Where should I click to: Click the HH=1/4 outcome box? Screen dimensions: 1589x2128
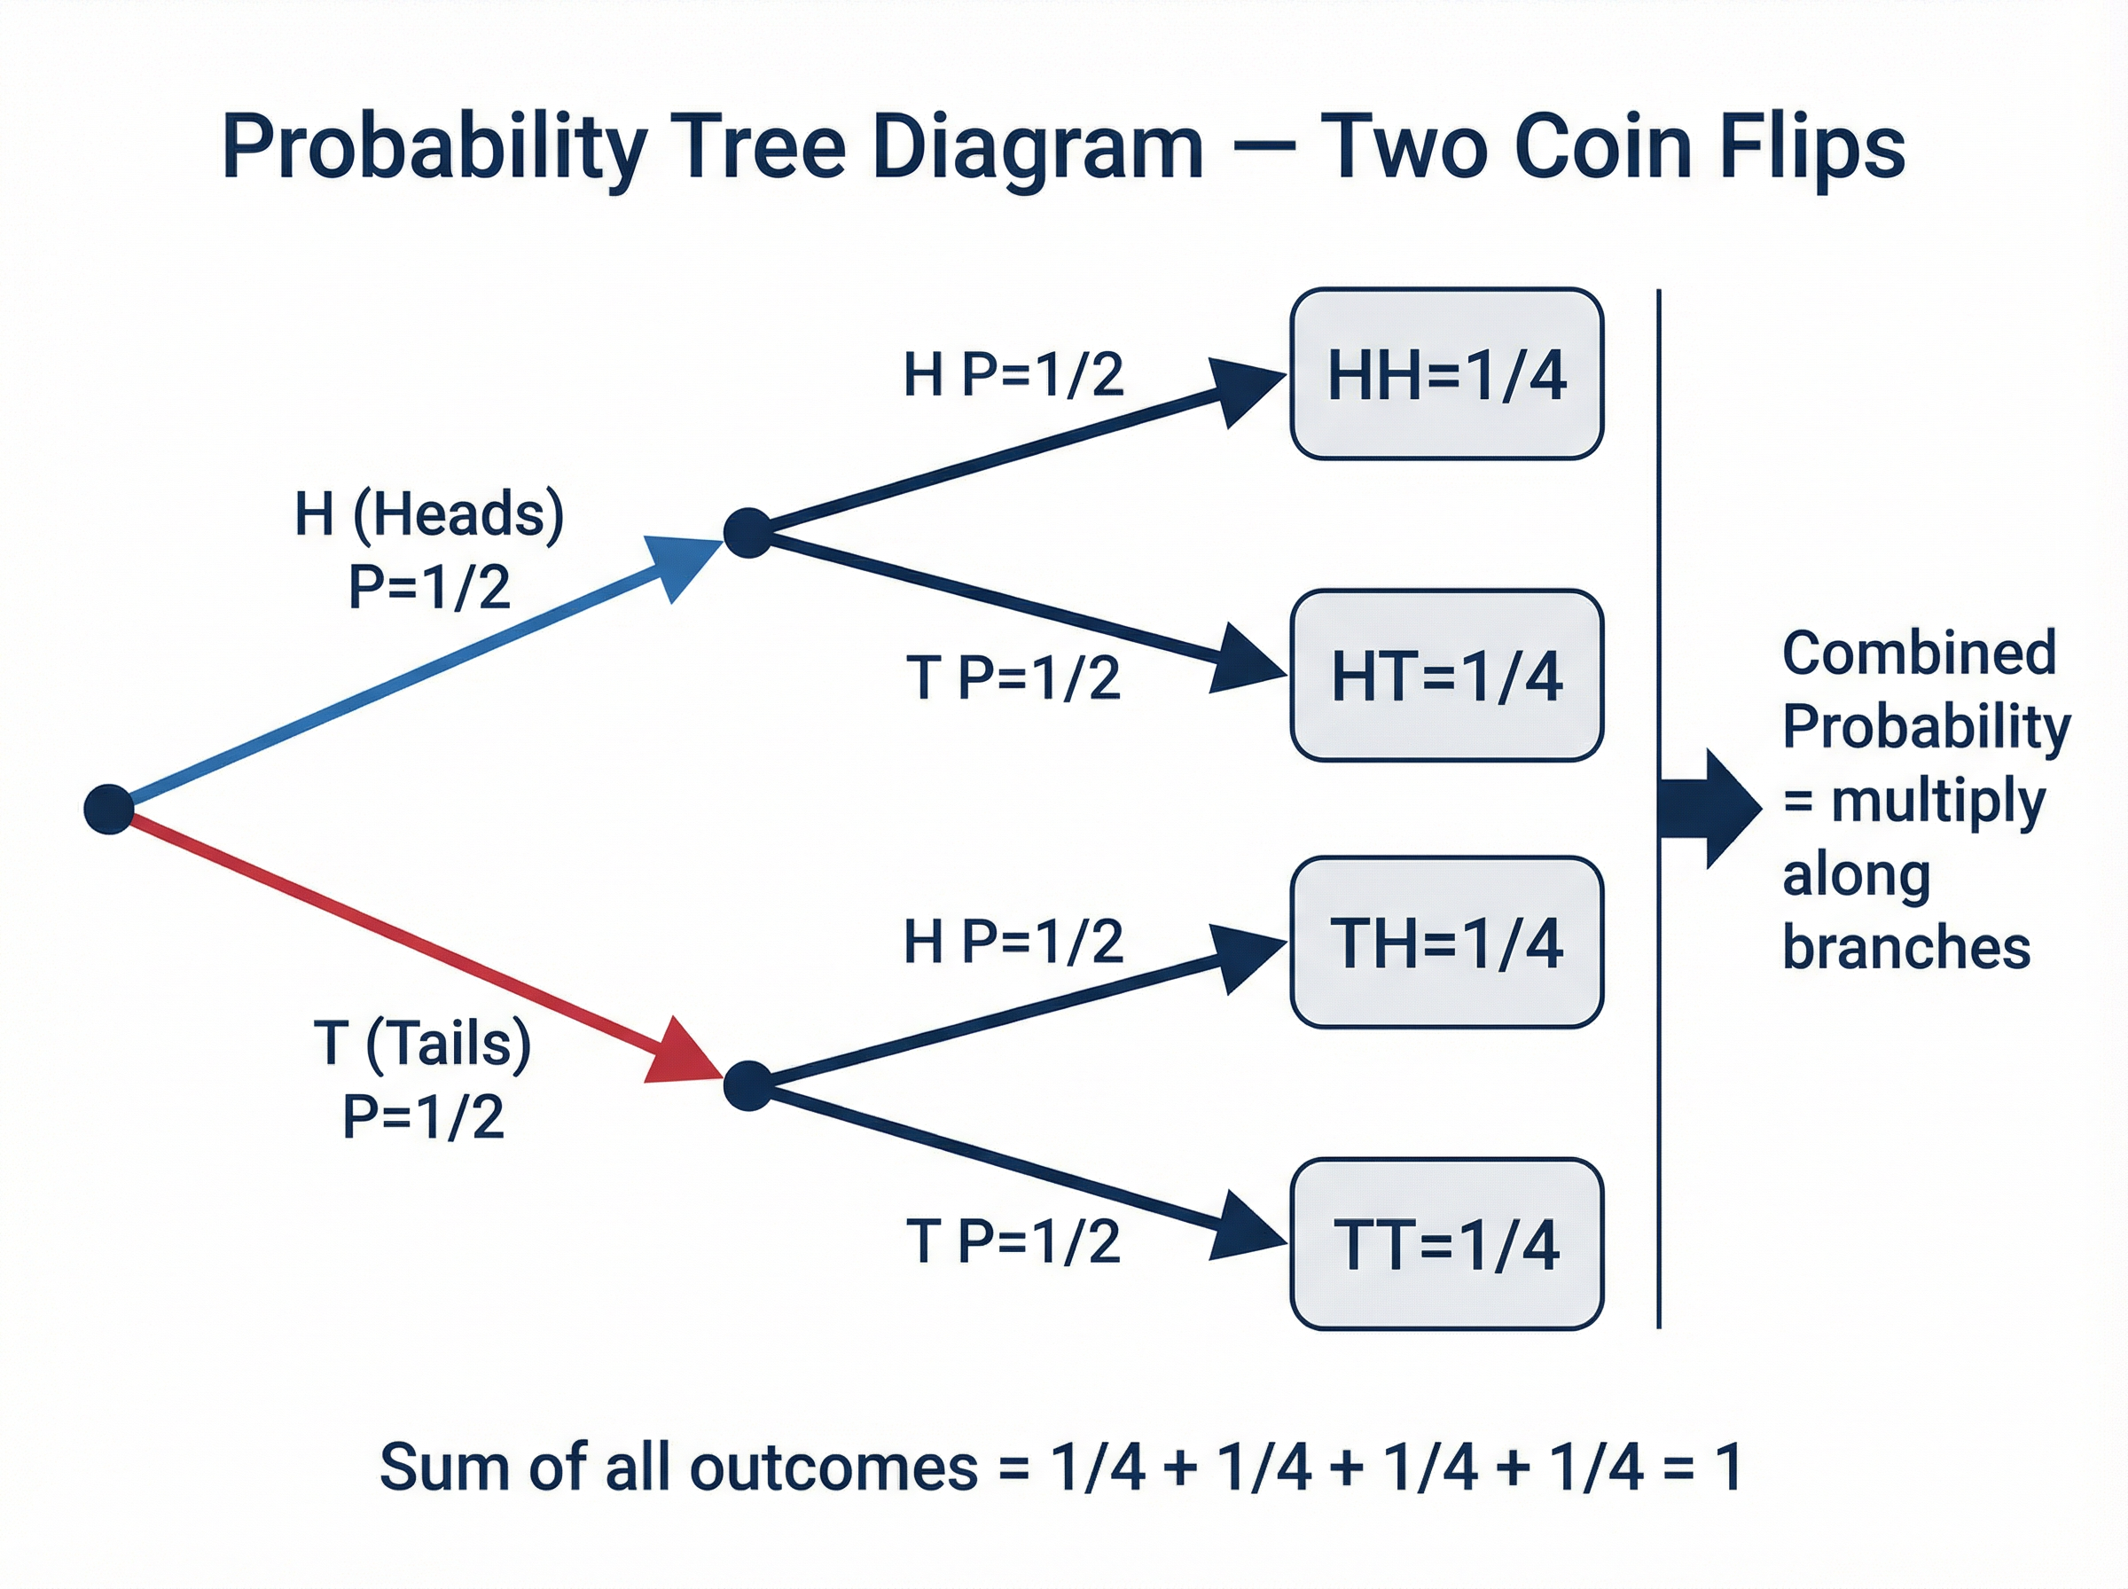click(1445, 374)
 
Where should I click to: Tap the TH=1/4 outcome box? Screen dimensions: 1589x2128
click(1445, 943)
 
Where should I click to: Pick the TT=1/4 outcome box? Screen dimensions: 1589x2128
click(1445, 1245)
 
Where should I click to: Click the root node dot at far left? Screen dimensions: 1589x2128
click(109, 809)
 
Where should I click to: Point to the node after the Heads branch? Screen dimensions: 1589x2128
click(748, 533)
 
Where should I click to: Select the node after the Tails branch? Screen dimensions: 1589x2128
click(748, 1086)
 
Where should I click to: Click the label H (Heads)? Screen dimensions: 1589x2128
click(429, 514)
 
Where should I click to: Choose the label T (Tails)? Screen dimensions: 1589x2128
click(422, 1043)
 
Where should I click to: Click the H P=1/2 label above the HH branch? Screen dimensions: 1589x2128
click(1013, 374)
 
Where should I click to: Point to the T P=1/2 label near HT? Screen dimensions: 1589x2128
click(1013, 677)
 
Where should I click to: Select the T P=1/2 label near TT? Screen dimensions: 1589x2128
click(1013, 1241)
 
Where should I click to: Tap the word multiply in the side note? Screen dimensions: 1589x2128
click(1937, 801)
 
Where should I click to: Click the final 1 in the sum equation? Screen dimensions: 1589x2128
click(1730, 1468)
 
